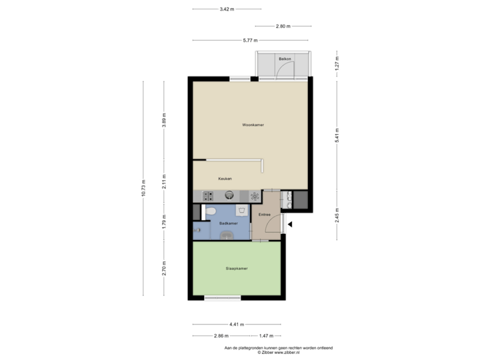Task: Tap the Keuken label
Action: [225, 179]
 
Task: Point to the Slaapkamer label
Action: [237, 269]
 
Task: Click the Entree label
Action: [265, 214]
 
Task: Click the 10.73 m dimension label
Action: [143, 188]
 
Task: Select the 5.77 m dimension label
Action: [250, 40]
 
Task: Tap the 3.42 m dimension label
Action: [226, 9]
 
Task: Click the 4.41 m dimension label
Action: [236, 324]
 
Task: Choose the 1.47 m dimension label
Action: [265, 335]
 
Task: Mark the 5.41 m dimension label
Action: [337, 137]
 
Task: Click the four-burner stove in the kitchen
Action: [207, 196]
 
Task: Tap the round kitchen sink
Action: [229, 195]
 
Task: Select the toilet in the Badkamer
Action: [211, 211]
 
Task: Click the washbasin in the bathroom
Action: [227, 234]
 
